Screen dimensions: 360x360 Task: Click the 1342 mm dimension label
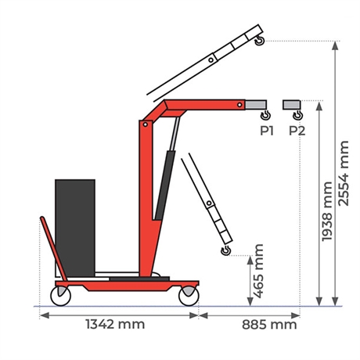(115, 324)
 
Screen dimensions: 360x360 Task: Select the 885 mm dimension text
(269, 325)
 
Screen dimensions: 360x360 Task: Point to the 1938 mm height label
(327, 211)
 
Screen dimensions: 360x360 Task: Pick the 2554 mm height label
(344, 173)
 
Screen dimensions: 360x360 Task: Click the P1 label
(267, 131)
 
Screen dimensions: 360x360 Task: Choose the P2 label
(297, 131)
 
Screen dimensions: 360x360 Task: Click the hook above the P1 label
(265, 115)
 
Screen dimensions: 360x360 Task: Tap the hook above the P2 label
(297, 115)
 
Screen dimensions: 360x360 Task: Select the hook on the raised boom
(260, 41)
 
